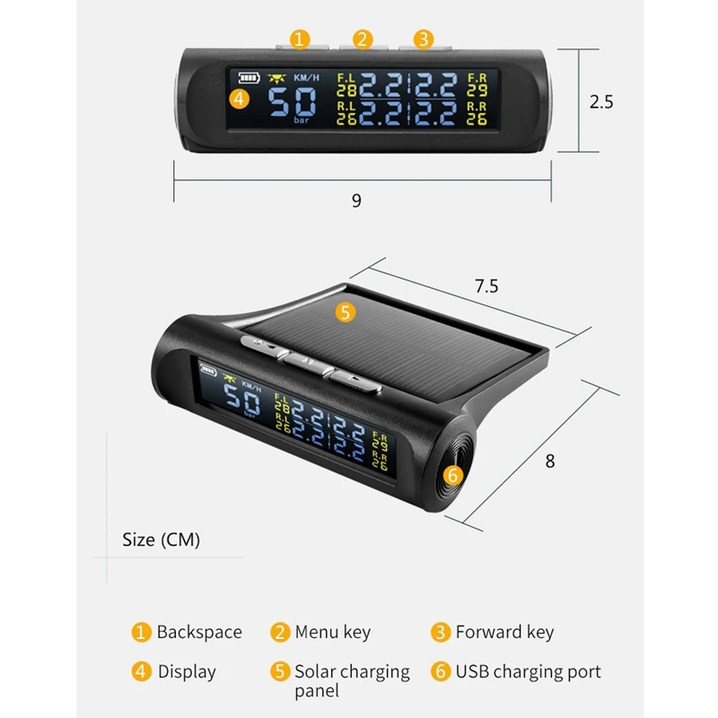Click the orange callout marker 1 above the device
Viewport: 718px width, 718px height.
point(300,39)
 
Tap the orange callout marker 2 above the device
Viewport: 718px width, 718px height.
point(363,39)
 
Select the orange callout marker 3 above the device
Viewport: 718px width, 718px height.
point(424,39)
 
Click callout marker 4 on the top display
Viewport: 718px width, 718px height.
point(239,99)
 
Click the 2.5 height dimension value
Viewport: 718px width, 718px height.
point(601,101)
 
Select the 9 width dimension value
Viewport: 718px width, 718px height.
point(356,200)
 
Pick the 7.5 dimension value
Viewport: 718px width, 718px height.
point(486,286)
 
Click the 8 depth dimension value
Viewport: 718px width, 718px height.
point(550,461)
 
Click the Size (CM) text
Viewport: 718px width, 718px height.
point(162,539)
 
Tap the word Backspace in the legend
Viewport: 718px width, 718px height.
point(199,632)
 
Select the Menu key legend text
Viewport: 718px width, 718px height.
point(332,632)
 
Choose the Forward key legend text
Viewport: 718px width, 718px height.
point(504,632)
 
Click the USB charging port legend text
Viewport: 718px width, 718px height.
point(528,671)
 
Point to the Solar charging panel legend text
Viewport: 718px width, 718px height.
point(352,680)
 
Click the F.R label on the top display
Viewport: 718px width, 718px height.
point(477,78)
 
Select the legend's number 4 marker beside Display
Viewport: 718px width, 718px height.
point(141,671)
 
